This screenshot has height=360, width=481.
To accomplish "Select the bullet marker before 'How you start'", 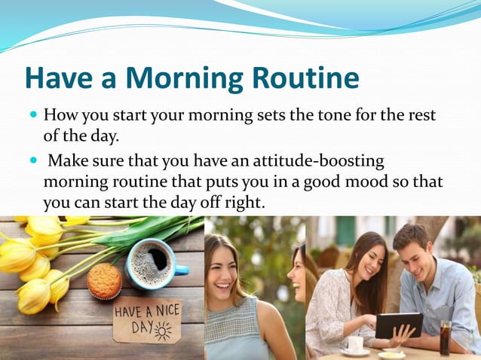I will (x=32, y=117).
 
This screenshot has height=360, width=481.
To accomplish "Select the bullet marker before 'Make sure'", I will (x=32, y=161).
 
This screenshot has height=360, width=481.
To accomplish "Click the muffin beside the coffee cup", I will (x=104, y=281).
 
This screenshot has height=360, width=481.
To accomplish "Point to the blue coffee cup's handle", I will (x=182, y=267).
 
